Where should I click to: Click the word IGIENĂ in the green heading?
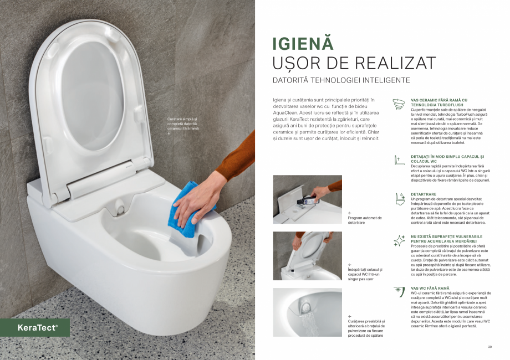[x=303, y=44]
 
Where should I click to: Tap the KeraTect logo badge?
[x=37, y=327]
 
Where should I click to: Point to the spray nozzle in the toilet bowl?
[x=121, y=209]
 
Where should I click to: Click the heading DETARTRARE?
[x=424, y=194]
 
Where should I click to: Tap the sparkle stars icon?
[x=399, y=240]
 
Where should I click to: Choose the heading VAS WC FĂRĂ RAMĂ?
[x=430, y=288]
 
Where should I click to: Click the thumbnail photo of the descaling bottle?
[x=307, y=199]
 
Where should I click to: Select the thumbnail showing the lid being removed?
[x=307, y=256]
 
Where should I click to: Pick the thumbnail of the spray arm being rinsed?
[x=307, y=312]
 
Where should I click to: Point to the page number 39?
[x=489, y=347]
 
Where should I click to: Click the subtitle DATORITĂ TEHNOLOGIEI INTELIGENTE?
[x=341, y=80]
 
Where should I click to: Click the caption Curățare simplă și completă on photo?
[x=182, y=123]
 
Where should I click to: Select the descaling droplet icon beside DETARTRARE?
[x=399, y=198]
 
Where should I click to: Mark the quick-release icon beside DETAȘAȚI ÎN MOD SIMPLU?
[x=397, y=160]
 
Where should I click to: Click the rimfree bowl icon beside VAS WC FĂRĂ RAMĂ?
[x=399, y=291]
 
